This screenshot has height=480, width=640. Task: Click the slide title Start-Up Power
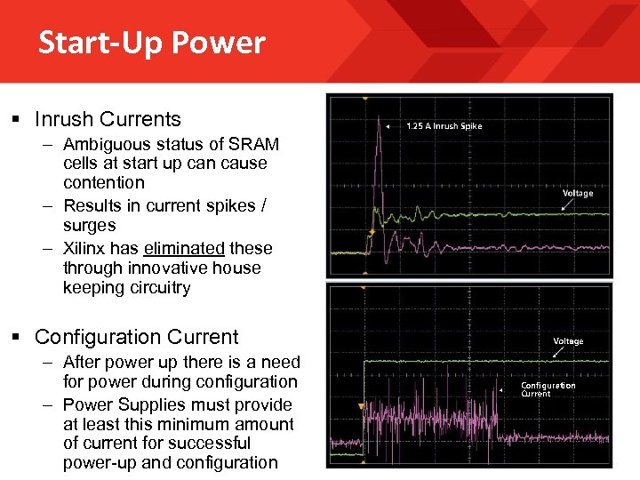point(151,43)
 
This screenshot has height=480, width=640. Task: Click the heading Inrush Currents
point(108,119)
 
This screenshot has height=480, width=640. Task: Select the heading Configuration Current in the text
point(136,337)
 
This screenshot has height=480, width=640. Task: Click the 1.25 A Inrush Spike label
point(444,126)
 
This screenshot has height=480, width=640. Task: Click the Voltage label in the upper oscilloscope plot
point(578,193)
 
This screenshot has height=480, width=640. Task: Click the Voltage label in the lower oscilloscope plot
point(568,341)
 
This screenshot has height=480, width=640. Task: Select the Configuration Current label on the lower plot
point(548,389)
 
